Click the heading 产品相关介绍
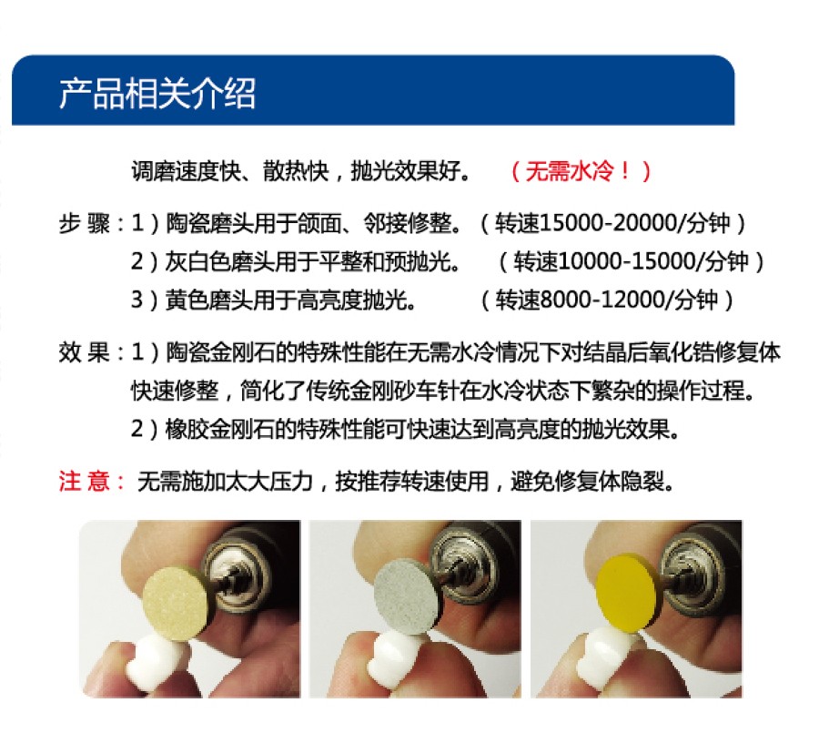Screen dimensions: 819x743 tap(157, 94)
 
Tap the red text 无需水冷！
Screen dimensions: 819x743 tap(579, 171)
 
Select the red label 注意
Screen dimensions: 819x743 tap(84, 482)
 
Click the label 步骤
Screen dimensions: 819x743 tap(84, 224)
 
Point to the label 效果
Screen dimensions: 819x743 tap(84, 352)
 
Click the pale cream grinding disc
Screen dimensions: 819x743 tap(175, 603)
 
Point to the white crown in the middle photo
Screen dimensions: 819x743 tap(393, 657)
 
